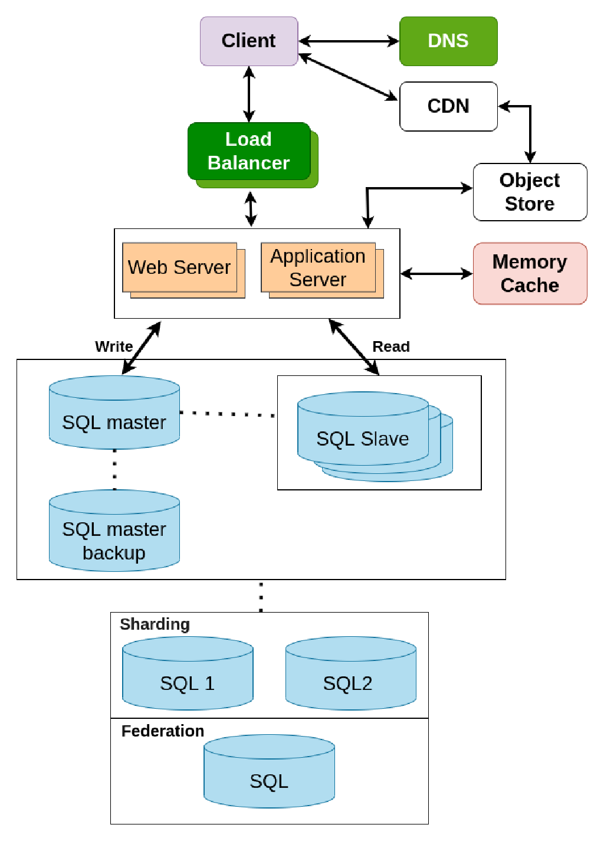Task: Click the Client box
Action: [x=248, y=41]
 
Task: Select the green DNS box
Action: [x=448, y=41]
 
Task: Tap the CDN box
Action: [x=448, y=106]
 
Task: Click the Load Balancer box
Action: [x=248, y=151]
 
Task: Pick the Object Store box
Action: [x=529, y=192]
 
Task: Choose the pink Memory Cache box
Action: [x=529, y=273]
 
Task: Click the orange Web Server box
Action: [x=179, y=267]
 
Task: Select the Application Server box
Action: [x=318, y=267]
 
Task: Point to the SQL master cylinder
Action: [x=114, y=413]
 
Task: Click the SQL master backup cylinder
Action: [x=114, y=531]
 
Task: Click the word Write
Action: [x=114, y=346]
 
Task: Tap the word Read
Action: [x=390, y=346]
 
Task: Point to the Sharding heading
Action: [x=155, y=624]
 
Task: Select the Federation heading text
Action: [x=162, y=731]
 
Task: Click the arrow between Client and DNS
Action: [x=349, y=41]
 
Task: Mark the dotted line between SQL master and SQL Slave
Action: [x=228, y=414]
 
